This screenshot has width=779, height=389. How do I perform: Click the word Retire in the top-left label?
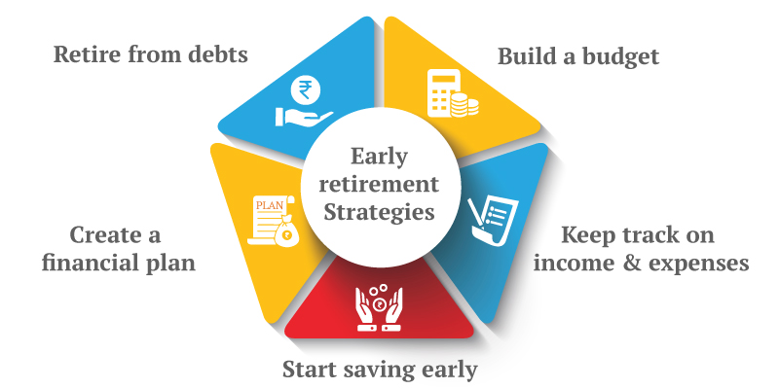coord(87,54)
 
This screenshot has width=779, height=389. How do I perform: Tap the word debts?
coord(217,54)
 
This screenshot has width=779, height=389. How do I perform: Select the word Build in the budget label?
coord(525,56)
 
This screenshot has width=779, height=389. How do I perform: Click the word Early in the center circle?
coord(379,158)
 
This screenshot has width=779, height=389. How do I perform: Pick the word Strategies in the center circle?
coord(380,211)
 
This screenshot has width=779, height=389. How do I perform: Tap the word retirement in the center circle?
coord(379,184)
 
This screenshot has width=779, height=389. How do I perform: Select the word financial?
coord(89,262)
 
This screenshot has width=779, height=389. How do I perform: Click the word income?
coord(568,263)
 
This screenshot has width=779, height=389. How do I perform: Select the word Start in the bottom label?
coord(310,370)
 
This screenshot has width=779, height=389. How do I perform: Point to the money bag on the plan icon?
coord(285,230)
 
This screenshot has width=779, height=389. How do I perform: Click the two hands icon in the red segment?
coord(379,307)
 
